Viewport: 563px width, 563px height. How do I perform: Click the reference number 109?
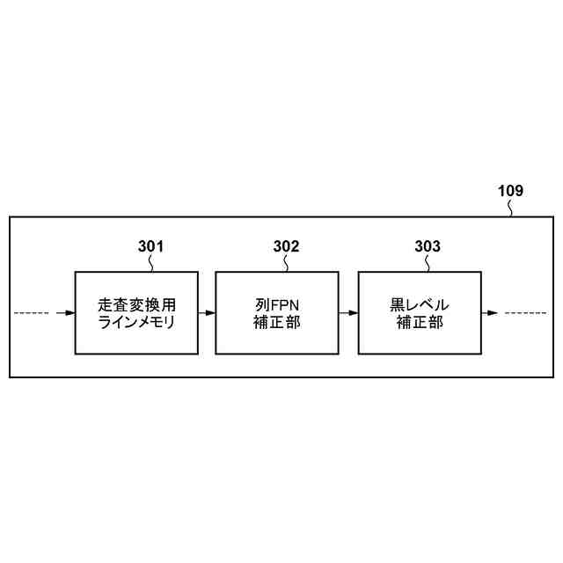510,190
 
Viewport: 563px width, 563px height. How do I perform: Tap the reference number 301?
150,246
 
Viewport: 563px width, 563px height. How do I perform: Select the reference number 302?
286,246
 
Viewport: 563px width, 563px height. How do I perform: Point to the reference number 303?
428,246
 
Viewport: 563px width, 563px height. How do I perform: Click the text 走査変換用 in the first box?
135,304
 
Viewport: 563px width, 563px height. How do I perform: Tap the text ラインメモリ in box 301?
135,322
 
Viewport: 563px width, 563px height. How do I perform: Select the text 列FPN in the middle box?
276,304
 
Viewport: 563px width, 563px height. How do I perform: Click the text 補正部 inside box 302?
276,322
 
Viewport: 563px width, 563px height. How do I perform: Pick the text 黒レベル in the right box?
419,304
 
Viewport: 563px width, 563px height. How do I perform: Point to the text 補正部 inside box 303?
419,322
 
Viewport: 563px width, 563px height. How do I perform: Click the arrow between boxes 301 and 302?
206,312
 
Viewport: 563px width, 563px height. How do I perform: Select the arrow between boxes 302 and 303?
347,312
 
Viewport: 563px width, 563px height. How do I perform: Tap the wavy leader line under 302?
286,262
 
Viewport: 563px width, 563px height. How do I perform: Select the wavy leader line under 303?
428,262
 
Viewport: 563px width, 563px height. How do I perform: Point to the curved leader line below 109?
513,207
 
